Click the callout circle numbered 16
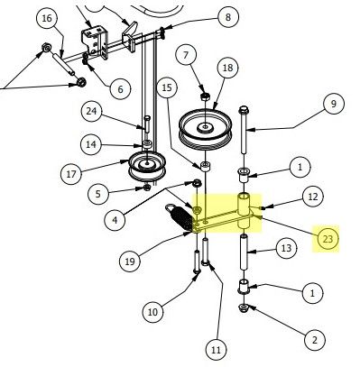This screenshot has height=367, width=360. [48, 19]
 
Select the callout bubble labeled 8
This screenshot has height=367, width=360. [227, 17]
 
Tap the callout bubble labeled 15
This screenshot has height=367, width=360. [166, 87]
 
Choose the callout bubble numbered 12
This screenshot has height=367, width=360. [311, 196]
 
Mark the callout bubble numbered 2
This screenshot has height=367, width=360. [313, 340]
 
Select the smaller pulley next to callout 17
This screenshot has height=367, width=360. [146, 167]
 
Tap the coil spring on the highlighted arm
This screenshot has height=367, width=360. [179, 216]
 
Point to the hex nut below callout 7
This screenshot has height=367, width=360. [205, 96]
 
